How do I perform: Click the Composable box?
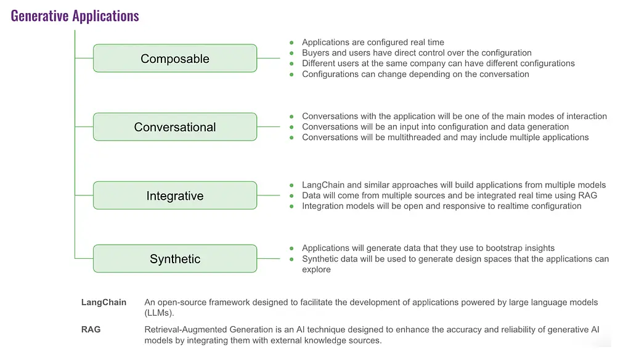(175, 59)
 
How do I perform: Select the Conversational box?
(175, 127)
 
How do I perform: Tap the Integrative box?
(175, 196)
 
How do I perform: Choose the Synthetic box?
(175, 259)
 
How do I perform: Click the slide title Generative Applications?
(75, 15)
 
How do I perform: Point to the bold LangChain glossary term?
(104, 302)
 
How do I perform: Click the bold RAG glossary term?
(91, 330)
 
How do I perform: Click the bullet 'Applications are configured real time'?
(373, 43)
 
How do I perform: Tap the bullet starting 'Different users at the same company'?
(438, 63)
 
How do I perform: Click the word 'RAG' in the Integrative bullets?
(586, 195)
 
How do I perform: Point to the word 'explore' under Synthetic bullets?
(316, 269)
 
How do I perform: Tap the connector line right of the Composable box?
(269, 59)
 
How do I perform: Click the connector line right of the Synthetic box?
(269, 259)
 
